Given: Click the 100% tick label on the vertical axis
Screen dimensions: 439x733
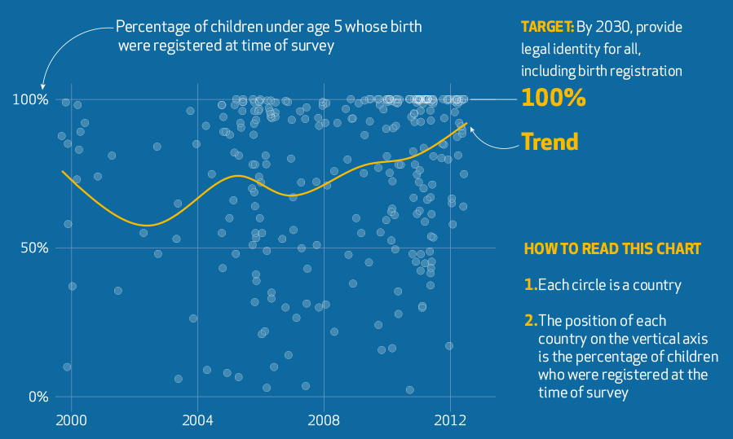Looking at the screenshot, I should click(x=31, y=99).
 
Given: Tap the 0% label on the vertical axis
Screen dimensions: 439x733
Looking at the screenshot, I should click(x=38, y=397).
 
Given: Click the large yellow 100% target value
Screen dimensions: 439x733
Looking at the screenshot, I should click(x=553, y=99).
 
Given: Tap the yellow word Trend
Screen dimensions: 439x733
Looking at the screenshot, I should click(x=550, y=142).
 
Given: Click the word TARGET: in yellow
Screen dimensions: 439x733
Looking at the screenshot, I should click(x=547, y=27).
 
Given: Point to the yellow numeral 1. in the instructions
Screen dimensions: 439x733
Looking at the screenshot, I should click(x=530, y=285).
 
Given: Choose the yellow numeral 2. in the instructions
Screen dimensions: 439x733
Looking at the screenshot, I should click(x=530, y=321).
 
